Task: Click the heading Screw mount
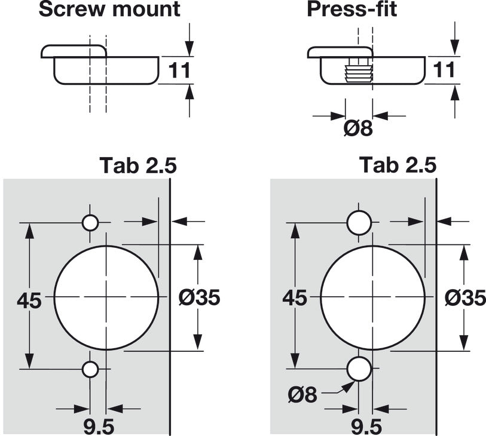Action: coord(109,9)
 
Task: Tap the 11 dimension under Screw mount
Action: coord(178,70)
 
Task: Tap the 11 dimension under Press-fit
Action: coord(443,70)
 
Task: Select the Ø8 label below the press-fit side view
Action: coord(359,127)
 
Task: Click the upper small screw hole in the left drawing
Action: coord(90,223)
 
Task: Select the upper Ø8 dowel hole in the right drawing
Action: coord(359,223)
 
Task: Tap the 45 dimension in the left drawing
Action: coord(28,299)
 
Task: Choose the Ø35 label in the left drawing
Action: coord(200,297)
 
